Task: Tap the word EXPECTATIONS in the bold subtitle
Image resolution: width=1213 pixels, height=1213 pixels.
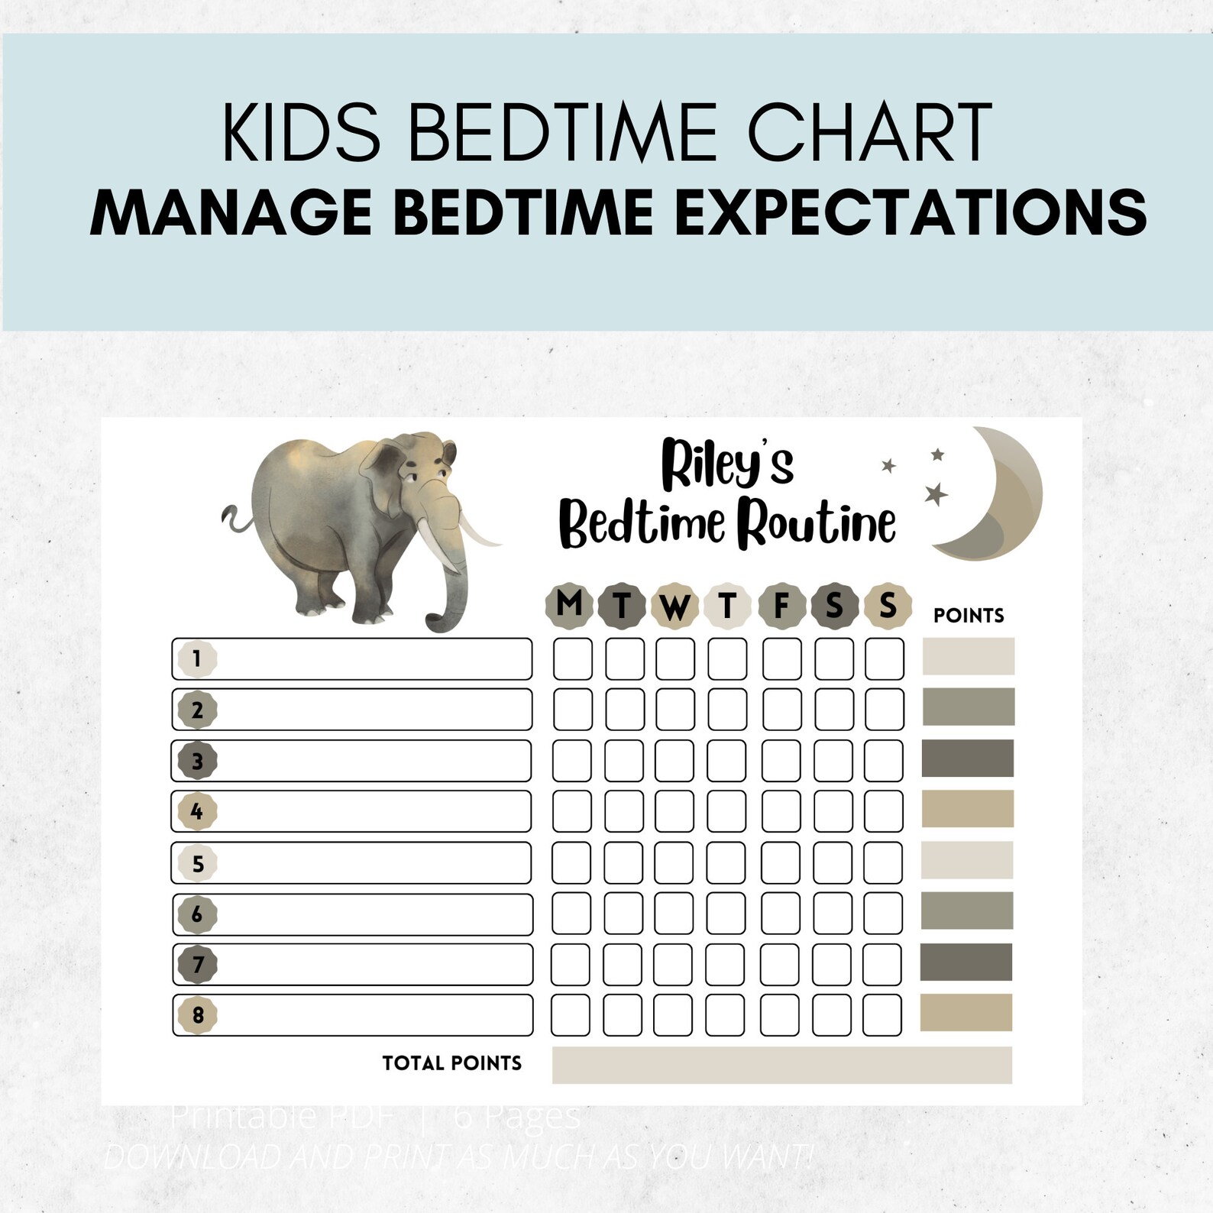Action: (x=911, y=212)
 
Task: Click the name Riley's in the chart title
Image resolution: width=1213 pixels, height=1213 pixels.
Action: (x=727, y=463)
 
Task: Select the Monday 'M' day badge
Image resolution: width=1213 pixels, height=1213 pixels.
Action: (x=569, y=605)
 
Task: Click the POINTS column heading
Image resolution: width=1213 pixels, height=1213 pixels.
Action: (x=968, y=616)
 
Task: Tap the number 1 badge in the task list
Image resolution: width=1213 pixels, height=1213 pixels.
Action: (x=197, y=658)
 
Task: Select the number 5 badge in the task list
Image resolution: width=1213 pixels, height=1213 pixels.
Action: (x=197, y=863)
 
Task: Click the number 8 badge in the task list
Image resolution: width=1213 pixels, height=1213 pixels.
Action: (x=197, y=1015)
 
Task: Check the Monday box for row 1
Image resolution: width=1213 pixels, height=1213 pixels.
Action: (x=572, y=658)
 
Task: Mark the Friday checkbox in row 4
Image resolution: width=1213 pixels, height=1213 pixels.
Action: (x=781, y=810)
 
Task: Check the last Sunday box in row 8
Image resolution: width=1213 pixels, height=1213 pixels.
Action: (x=882, y=1015)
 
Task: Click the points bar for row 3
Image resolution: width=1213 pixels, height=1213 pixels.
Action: (x=967, y=759)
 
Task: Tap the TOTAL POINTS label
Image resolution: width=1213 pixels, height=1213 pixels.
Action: (x=451, y=1063)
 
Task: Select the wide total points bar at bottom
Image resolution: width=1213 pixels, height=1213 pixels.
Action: (x=781, y=1066)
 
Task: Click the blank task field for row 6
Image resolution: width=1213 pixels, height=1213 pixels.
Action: (x=374, y=914)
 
